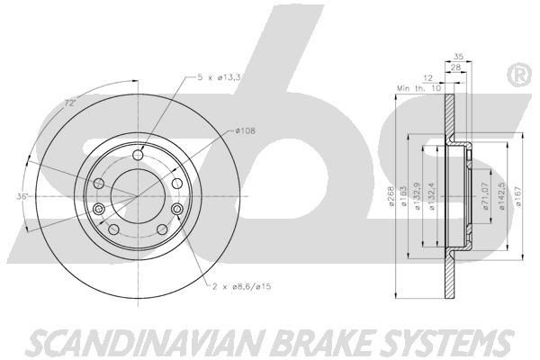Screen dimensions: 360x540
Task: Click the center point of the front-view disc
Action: pyautogui.click(x=137, y=197)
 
